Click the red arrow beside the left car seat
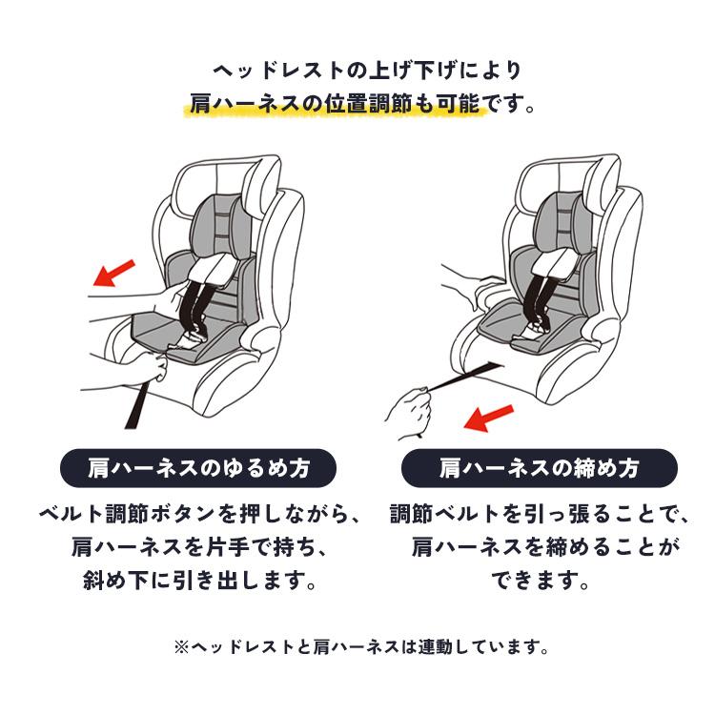point(114,274)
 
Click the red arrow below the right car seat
point(488,418)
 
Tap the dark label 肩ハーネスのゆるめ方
point(198,468)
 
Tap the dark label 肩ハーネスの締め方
point(539,468)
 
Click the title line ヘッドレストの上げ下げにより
point(368,71)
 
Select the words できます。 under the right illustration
point(541,581)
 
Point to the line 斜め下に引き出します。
point(200,581)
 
